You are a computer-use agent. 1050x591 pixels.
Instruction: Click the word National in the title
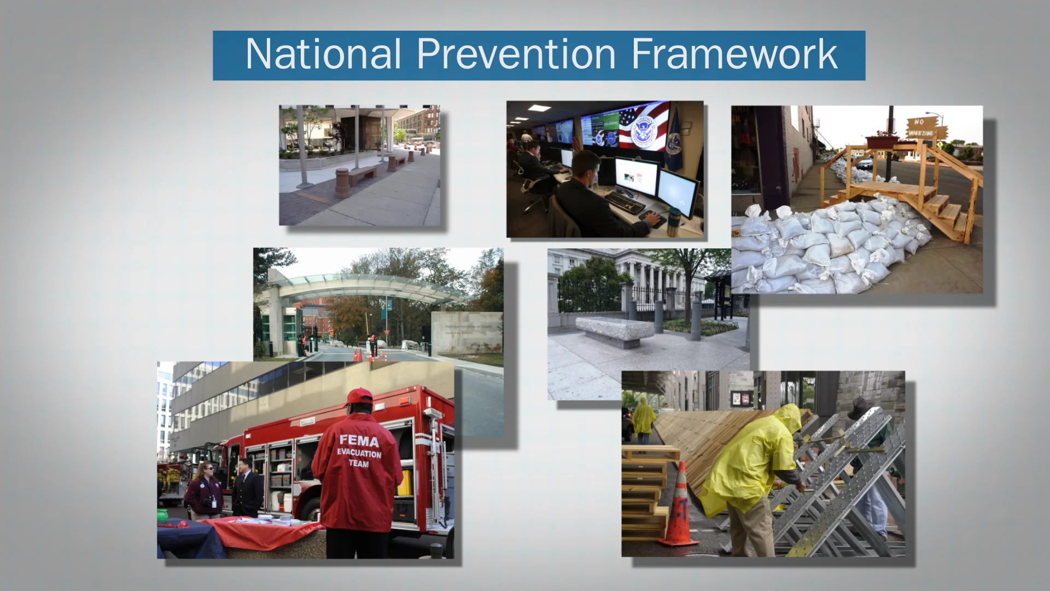[x=323, y=54]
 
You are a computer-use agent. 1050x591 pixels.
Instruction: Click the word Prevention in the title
[x=516, y=54]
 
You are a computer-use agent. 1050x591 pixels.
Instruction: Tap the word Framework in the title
[x=734, y=54]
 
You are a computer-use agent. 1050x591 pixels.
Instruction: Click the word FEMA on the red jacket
[x=359, y=441]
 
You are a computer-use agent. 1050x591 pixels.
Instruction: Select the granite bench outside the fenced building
[x=615, y=331]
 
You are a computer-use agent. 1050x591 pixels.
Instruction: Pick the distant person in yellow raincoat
[x=644, y=419]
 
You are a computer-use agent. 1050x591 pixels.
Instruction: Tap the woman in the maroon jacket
[x=203, y=490]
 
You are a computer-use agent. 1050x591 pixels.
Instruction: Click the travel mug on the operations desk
[x=673, y=222]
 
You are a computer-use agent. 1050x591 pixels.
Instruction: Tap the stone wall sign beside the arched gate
[x=466, y=331]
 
